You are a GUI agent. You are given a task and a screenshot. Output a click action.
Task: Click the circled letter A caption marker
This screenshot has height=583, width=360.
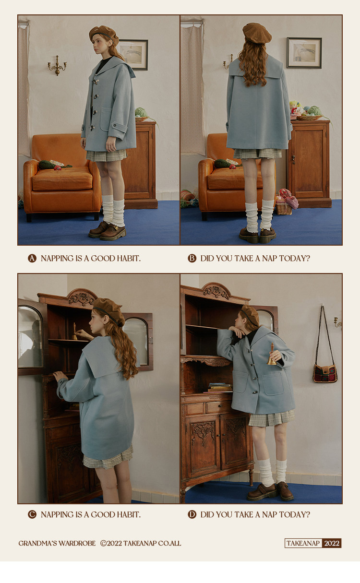tap(32, 259)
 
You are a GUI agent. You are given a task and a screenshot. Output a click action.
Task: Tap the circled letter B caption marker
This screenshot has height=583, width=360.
tap(192, 259)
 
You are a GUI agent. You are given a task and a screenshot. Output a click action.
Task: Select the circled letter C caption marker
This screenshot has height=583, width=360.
tap(32, 514)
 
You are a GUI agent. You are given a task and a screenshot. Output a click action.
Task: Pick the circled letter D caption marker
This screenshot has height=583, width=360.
tap(192, 514)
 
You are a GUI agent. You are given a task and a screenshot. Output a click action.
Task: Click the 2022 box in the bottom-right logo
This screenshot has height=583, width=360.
tap(332, 543)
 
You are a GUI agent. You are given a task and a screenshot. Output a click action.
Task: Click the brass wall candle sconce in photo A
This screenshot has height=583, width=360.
tap(57, 66)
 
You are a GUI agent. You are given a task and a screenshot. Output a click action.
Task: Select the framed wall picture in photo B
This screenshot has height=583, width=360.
tap(304, 53)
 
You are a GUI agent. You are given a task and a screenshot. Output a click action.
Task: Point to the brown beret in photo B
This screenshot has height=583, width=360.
tap(257, 33)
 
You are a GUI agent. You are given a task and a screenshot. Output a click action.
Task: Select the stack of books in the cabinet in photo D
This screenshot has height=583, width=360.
tap(218, 388)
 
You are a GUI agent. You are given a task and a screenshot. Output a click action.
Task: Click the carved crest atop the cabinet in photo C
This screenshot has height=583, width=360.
tap(81, 298)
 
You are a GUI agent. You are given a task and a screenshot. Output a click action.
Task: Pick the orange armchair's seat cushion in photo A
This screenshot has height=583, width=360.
tap(62, 179)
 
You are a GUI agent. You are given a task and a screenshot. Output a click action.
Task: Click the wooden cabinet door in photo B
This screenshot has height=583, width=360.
tap(309, 162)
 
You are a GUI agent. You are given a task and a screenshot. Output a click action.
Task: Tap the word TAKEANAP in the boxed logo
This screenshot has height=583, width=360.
tap(303, 543)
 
